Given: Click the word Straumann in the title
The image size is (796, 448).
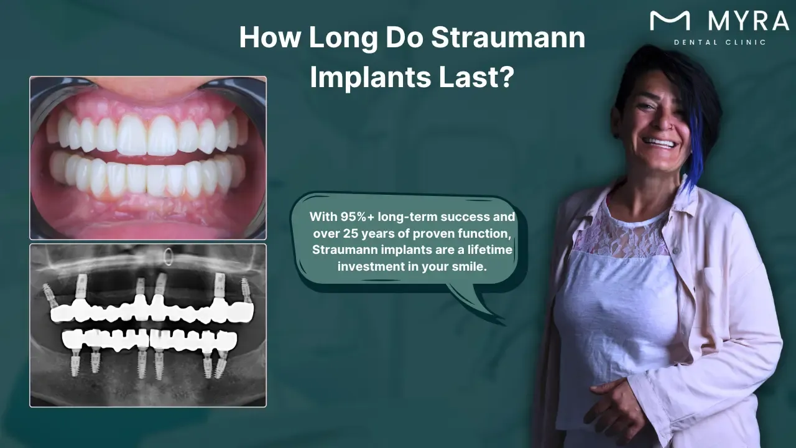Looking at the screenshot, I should click(508, 38).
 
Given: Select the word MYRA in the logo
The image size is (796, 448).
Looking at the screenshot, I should click(749, 22).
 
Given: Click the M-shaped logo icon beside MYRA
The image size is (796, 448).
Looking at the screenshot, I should click(669, 21).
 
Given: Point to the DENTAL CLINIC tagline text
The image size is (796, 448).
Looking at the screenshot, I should click(720, 42).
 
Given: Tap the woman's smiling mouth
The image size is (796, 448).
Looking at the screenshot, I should click(659, 144).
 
